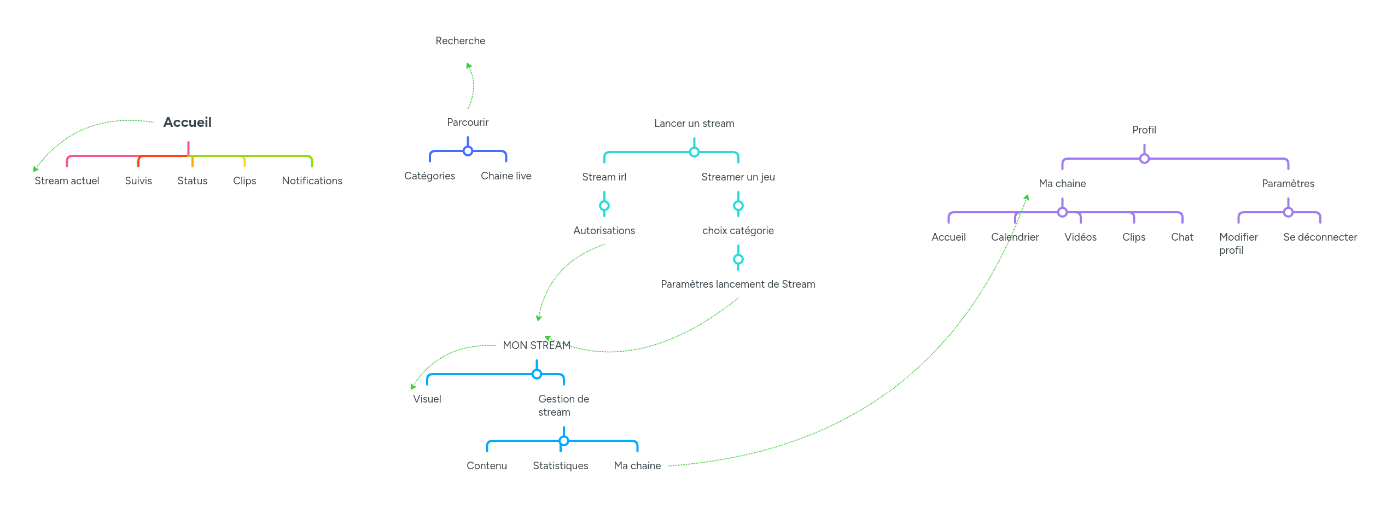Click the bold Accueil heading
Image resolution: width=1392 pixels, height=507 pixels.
click(x=187, y=122)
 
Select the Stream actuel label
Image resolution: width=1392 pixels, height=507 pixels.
click(x=67, y=181)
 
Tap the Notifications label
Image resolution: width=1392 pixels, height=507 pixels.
click(x=312, y=181)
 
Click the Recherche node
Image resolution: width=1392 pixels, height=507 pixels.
click(x=460, y=41)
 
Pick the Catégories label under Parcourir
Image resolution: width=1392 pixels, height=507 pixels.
click(x=429, y=176)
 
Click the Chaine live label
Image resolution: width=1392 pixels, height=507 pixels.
click(x=506, y=176)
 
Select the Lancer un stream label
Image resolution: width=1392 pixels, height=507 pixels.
click(x=694, y=124)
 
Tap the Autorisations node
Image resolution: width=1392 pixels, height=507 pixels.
click(x=604, y=231)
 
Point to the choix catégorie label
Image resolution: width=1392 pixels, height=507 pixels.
click(x=738, y=231)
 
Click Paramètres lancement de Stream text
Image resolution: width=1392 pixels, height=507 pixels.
click(x=738, y=284)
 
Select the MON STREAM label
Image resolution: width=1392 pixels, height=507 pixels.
click(x=537, y=346)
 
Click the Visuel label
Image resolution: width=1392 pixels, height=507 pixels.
click(x=427, y=399)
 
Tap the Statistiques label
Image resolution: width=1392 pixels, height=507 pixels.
click(x=560, y=466)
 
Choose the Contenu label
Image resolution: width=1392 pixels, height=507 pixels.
click(x=486, y=466)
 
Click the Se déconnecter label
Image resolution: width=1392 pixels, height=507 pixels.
click(x=1320, y=237)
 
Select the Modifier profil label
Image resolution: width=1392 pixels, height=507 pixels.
click(x=1238, y=244)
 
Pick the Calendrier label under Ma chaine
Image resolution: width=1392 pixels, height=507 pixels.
click(x=1015, y=237)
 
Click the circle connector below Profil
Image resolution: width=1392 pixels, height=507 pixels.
click(x=1144, y=159)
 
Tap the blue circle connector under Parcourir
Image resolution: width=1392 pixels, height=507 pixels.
click(x=468, y=151)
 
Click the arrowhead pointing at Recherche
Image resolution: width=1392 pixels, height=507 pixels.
click(x=469, y=66)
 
